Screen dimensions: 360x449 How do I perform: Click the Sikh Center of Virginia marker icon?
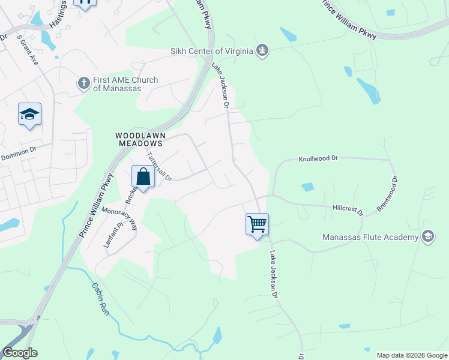(x=261, y=51)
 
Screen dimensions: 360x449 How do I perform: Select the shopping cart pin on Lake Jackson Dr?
(x=257, y=225)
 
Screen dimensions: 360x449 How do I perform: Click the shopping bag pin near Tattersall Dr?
(x=143, y=178)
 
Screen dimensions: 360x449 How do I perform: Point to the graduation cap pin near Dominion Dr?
(x=29, y=115)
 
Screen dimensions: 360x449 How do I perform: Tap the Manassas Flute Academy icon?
(x=427, y=236)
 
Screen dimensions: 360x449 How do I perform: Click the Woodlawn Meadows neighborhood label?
(x=139, y=140)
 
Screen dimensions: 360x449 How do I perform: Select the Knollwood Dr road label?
(x=319, y=159)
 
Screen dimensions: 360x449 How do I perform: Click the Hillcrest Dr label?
(x=348, y=210)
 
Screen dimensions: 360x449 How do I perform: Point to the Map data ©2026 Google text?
(x=412, y=355)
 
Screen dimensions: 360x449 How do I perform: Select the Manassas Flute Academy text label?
(x=370, y=237)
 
